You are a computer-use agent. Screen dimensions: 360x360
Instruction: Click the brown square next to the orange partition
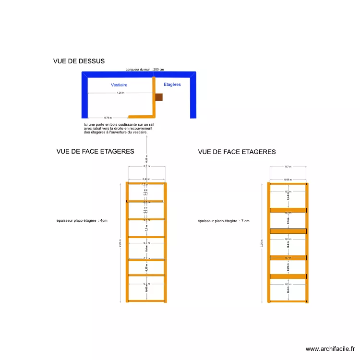[159, 97]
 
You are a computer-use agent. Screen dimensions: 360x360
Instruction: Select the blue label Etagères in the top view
[172, 84]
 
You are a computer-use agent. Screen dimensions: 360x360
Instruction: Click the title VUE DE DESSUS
[79, 61]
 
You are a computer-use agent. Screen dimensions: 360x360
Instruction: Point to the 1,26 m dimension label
[120, 93]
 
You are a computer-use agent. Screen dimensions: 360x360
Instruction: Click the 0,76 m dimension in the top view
[108, 117]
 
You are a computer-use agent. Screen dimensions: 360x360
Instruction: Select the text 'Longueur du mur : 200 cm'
[144, 70]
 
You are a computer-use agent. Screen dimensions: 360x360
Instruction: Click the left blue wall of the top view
[84, 96]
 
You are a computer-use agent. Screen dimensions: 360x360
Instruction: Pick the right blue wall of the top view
[193, 96]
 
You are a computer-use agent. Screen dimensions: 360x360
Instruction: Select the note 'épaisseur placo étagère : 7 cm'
[223, 221]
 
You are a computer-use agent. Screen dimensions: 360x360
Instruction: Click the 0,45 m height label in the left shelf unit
[146, 288]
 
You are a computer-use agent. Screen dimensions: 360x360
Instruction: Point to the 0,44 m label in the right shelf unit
[288, 196]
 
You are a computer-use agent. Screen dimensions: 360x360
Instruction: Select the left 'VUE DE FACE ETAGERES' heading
[95, 151]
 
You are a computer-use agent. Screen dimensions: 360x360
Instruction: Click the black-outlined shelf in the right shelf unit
[288, 231]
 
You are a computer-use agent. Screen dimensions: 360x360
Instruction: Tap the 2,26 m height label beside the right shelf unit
[262, 243]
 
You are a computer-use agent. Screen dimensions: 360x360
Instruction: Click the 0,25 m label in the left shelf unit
[146, 267]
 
